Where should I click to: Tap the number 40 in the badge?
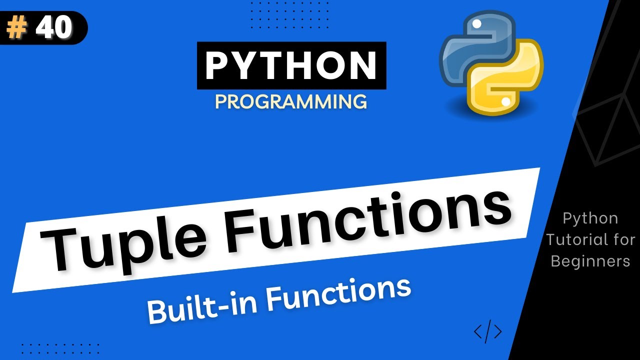(x=54, y=27)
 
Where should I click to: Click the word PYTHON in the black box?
(x=291, y=66)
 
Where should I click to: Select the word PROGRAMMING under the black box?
(x=291, y=101)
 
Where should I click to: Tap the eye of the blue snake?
(x=476, y=23)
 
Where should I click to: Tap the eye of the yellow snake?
(x=506, y=101)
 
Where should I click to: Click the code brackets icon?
(x=487, y=331)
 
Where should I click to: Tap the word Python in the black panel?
(x=590, y=218)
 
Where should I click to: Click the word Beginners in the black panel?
(x=590, y=261)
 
